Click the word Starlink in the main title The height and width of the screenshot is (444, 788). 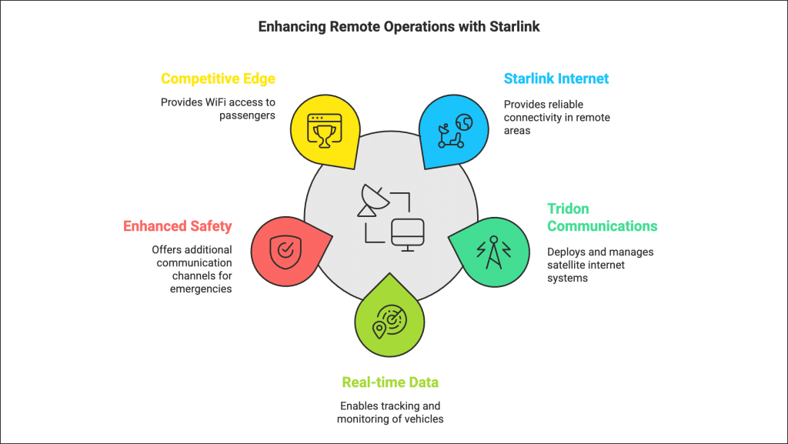point(515,27)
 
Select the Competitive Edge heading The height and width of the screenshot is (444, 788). point(218,78)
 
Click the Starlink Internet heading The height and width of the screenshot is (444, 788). point(556,78)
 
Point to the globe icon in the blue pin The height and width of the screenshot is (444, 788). point(464,122)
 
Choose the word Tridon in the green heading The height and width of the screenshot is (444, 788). point(568,209)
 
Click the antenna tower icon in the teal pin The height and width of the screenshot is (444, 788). point(493,252)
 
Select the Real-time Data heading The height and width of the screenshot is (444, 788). point(390,382)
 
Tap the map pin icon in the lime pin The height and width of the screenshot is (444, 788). point(379,330)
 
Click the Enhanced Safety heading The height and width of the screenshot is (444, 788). point(178,226)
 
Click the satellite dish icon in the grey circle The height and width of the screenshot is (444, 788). point(372,200)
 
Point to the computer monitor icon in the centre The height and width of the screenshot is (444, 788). point(408,235)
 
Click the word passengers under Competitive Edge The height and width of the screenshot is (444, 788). point(247,115)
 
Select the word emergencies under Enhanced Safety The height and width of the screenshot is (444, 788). point(201,289)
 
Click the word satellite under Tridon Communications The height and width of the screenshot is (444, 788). point(566,265)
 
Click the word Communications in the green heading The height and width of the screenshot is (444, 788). point(602,226)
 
